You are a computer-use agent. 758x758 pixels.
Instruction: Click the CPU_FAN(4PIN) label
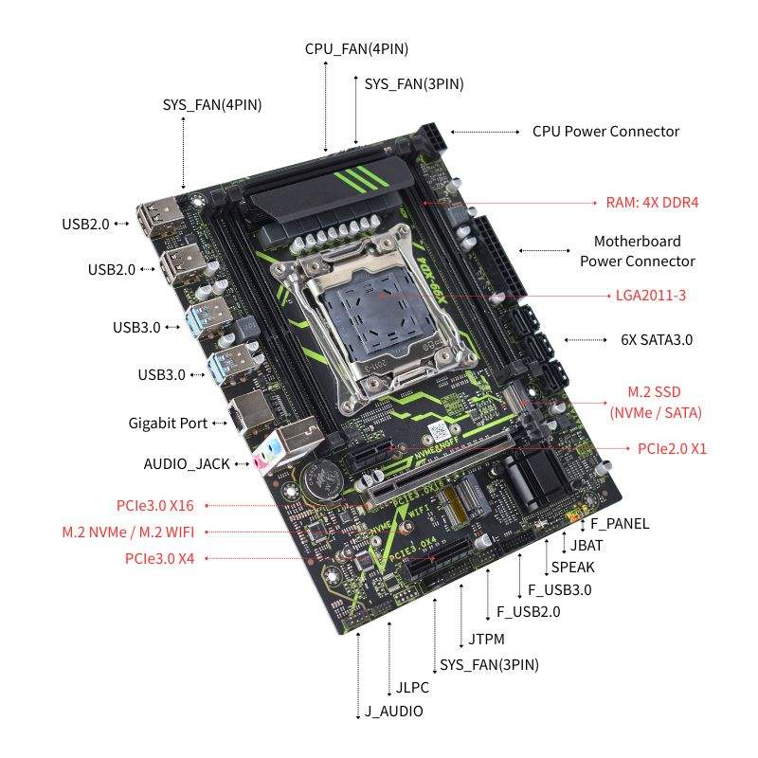point(356,49)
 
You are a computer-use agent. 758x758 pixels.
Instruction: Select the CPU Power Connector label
point(605,132)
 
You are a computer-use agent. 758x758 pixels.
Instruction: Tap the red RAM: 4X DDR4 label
point(659,203)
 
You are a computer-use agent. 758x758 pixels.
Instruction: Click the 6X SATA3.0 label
point(657,339)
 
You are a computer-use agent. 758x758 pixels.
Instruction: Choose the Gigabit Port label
point(168,424)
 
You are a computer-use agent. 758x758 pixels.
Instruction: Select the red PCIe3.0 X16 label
point(155,506)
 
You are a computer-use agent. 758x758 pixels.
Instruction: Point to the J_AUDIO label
point(393,711)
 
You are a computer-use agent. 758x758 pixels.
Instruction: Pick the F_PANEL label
point(620,524)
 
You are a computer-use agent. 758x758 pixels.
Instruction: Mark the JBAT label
point(587,546)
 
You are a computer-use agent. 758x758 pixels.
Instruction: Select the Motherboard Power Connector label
point(638,251)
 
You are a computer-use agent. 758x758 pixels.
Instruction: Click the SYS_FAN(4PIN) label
point(212,104)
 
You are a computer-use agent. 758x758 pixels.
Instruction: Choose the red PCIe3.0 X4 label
point(159,558)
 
